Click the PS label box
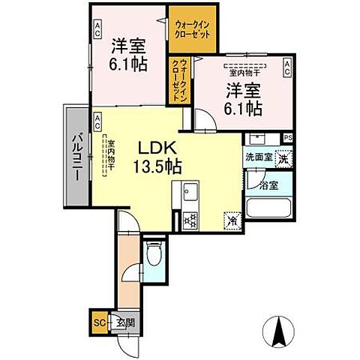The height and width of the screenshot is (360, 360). click(288, 137)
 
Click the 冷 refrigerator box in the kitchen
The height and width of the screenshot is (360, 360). click(232, 220)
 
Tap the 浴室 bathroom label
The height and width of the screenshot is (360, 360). click(268, 184)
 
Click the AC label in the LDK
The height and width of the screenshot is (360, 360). click(97, 118)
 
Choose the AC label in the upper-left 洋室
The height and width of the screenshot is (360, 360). click(97, 27)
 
